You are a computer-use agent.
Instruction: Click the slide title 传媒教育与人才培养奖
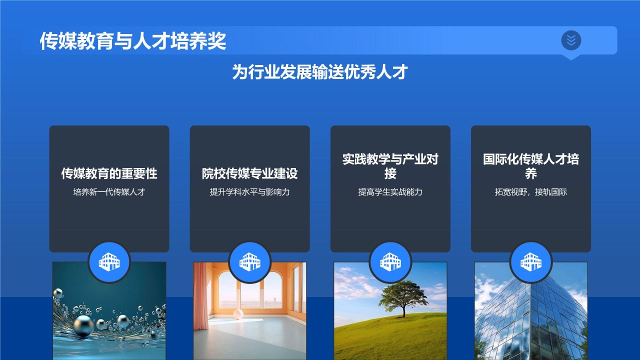click(x=132, y=41)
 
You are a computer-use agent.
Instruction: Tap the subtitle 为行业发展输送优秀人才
click(x=320, y=72)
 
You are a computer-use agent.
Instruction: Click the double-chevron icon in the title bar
click(x=571, y=40)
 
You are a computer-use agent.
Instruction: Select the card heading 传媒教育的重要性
click(x=109, y=173)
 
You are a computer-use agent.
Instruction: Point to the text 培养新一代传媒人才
click(x=109, y=192)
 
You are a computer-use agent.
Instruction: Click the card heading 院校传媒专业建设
click(x=249, y=173)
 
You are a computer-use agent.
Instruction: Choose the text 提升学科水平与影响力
click(x=249, y=192)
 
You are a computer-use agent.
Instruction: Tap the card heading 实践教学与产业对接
click(x=390, y=166)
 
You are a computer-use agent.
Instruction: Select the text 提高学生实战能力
click(x=390, y=192)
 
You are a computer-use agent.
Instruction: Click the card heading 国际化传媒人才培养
click(x=530, y=166)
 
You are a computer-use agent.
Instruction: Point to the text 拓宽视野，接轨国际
click(x=530, y=192)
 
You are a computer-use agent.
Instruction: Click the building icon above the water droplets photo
click(x=109, y=261)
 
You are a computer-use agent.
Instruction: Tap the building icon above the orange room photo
click(x=249, y=261)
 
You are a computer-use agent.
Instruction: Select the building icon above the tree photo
click(x=390, y=261)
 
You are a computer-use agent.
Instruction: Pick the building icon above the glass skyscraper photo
click(x=530, y=261)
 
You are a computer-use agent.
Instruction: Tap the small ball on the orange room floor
click(x=238, y=314)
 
